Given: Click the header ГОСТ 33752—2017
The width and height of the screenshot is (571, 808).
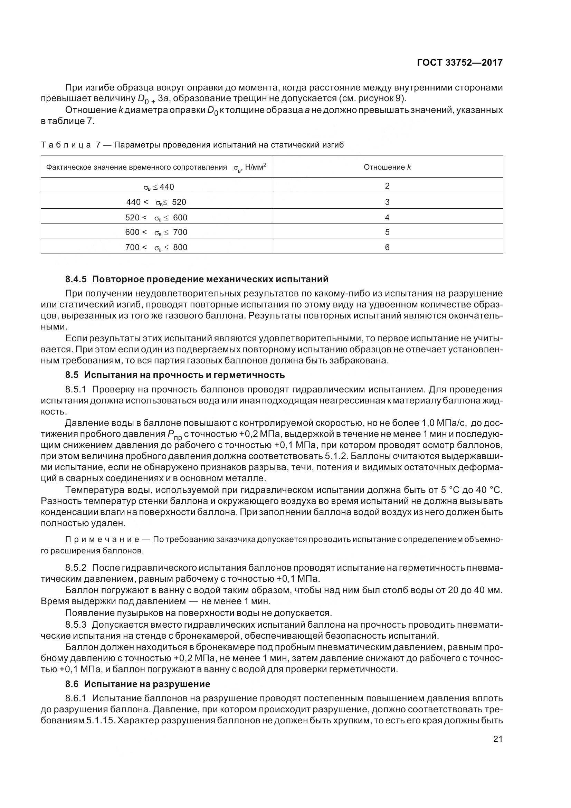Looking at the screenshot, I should click(x=459, y=63).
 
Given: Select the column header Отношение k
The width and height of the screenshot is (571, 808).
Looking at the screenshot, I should click(x=387, y=167).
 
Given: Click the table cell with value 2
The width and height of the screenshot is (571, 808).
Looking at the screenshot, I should click(x=387, y=186).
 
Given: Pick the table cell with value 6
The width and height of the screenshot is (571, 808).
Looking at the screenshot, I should click(x=387, y=247).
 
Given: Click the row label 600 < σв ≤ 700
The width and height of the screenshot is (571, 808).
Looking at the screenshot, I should click(x=156, y=232).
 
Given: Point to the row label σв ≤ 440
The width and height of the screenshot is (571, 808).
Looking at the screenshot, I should click(x=159, y=187).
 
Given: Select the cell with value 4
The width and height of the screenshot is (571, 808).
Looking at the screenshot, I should click(x=387, y=218).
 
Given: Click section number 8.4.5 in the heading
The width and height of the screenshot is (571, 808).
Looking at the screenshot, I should click(x=76, y=279).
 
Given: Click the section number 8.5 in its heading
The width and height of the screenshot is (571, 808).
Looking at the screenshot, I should click(x=72, y=375).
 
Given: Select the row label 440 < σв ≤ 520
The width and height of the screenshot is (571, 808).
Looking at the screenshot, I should click(x=156, y=202).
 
